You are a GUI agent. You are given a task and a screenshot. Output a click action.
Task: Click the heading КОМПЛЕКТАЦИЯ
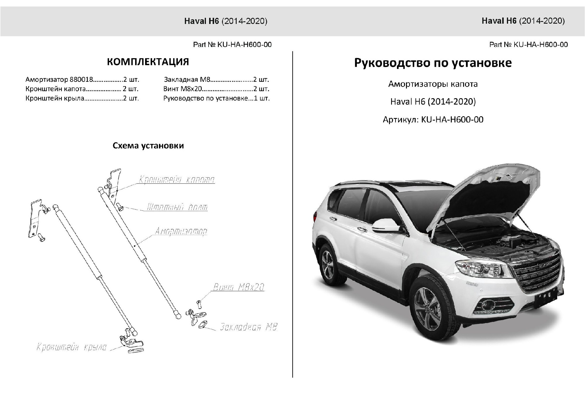coord(148,62)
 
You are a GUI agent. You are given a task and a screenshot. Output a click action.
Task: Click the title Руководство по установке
coord(433,63)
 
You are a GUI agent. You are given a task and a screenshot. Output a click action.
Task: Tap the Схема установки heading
coord(148,146)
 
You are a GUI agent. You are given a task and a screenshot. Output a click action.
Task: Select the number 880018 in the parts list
coord(81,79)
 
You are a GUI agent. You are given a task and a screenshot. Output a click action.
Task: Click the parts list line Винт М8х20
coord(216,89)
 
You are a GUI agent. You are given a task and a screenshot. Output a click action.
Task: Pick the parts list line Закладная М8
coord(216,79)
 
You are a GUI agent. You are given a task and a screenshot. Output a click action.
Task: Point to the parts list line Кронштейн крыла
coord(82,98)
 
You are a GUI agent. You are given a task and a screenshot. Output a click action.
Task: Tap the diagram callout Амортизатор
coord(181,231)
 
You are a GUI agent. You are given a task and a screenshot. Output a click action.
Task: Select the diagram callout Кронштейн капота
coord(177,179)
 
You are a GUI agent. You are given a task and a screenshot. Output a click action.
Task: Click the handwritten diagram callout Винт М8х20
coord(239,287)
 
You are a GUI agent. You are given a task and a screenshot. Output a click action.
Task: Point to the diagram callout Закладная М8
coord(248,327)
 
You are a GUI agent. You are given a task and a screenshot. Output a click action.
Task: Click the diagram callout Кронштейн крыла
coord(71,348)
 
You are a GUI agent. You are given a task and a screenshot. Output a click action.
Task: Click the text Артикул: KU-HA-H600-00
coord(433,120)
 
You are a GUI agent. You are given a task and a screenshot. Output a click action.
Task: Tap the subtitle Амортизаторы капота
coord(433,84)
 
